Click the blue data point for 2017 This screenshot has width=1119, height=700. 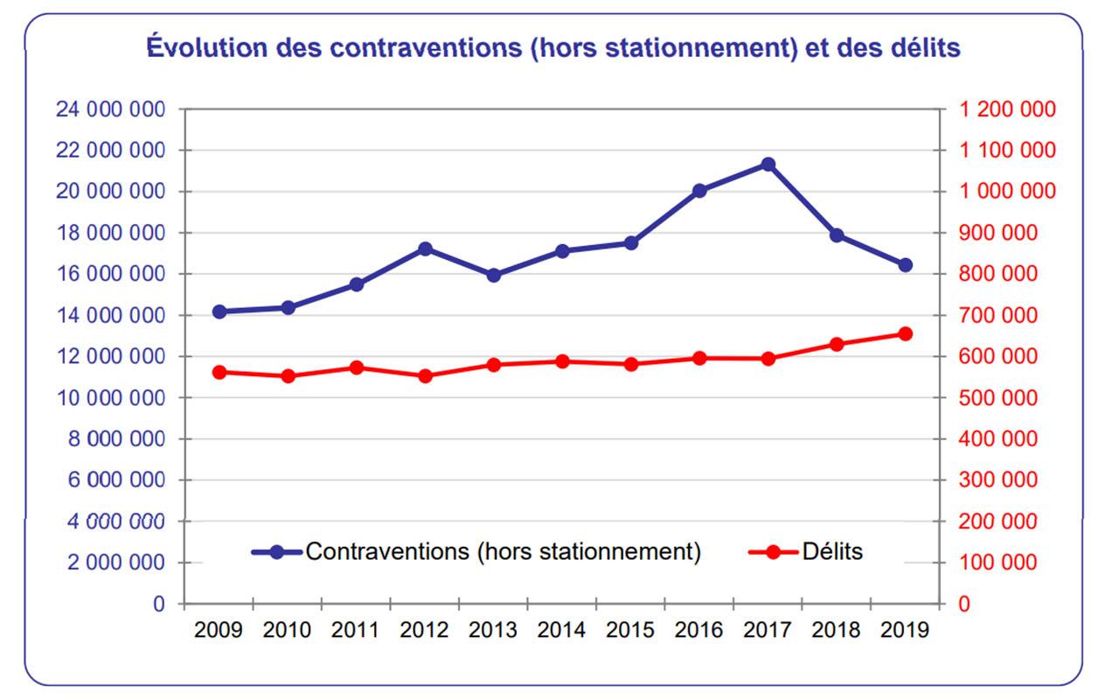768,164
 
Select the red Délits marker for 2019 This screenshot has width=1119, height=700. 905,333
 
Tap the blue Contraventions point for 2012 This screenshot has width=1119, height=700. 425,249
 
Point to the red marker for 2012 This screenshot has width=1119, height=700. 425,375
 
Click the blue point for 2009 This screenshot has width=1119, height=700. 219,311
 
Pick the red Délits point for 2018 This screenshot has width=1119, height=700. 837,345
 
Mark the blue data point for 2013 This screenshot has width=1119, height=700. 493,276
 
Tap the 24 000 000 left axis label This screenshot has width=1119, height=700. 109,109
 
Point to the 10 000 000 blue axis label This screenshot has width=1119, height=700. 109,398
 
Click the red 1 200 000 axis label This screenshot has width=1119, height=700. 1007,109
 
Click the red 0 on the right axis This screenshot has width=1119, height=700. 964,604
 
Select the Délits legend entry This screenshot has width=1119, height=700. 831,552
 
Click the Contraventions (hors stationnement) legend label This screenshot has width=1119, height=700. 503,552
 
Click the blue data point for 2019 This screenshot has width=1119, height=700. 905,265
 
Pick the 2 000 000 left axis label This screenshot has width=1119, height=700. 115,563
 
